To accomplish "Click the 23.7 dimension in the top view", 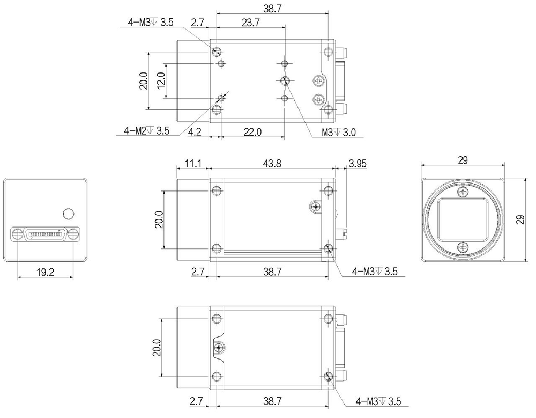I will click(250, 23).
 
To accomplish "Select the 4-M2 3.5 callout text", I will click(146, 130).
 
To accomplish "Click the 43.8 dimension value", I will click(272, 164).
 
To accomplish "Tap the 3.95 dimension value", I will click(357, 164).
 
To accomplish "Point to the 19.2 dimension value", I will click(45, 272).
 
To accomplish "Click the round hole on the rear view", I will click(68, 214).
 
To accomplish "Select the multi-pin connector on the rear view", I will click(45, 234).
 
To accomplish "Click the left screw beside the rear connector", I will click(17, 234).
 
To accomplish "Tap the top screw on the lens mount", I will click(463, 192).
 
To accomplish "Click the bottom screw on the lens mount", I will click(463, 247).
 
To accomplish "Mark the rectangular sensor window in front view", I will click(463, 219).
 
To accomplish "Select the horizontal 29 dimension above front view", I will click(463, 160).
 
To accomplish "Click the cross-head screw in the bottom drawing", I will click(219, 348).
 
